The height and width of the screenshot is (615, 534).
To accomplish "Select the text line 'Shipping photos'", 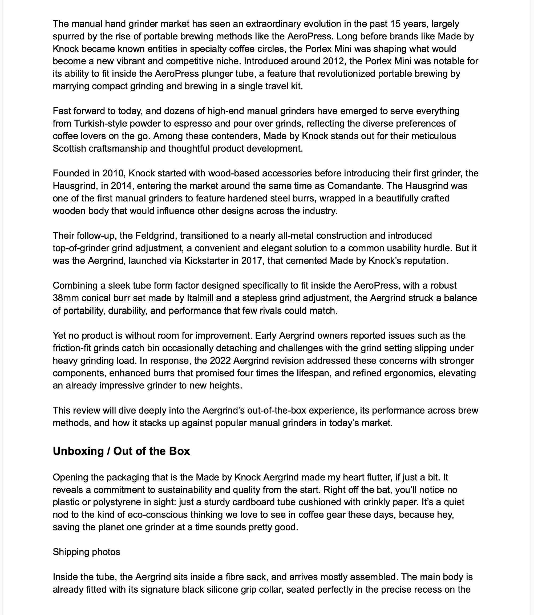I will (86, 552).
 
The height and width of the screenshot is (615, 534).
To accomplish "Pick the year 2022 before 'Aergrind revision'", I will (220, 361).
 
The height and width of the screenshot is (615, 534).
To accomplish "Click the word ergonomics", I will (409, 373).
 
